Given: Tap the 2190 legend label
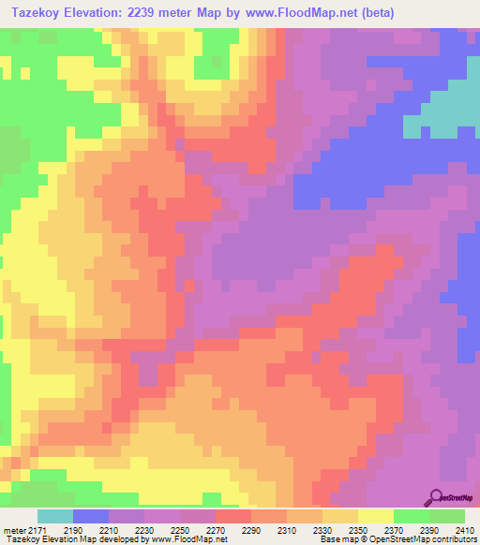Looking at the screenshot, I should (72, 530).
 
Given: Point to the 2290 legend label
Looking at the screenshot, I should (249, 530).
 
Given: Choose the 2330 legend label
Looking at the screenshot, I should (321, 530).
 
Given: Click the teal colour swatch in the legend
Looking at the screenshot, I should (55, 517).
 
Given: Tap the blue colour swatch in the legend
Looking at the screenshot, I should (91, 517).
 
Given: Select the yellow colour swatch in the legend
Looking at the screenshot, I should (375, 517).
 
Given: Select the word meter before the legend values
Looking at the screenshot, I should (14, 530).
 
